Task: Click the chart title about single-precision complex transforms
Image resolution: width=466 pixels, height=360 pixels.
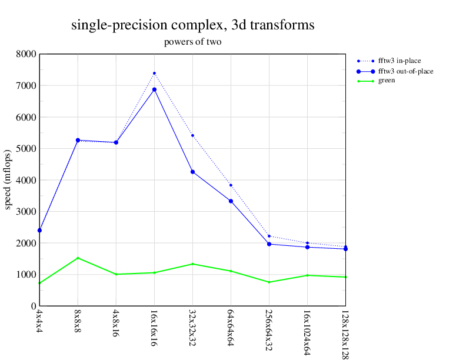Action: (x=192, y=25)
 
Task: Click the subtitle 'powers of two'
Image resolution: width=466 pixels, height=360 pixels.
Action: (x=192, y=42)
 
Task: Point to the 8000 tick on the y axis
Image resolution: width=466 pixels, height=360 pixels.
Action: (x=27, y=54)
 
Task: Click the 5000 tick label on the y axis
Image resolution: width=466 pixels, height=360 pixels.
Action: (x=27, y=149)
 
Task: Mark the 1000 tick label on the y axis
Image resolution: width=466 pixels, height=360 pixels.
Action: (x=27, y=275)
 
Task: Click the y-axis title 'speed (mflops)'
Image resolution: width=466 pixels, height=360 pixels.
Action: (x=8, y=179)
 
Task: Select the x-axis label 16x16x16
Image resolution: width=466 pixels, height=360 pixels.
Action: (x=154, y=324)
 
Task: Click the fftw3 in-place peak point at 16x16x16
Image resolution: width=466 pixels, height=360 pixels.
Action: (x=154, y=74)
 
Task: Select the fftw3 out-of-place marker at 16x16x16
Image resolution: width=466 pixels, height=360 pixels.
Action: (x=154, y=89)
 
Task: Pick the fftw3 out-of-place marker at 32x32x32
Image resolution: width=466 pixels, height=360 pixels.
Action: (x=192, y=172)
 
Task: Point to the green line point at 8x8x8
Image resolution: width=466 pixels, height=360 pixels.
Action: (x=78, y=258)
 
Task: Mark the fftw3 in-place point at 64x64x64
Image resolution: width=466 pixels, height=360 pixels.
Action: (x=231, y=185)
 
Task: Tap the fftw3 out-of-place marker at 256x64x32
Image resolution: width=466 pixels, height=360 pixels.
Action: (x=269, y=244)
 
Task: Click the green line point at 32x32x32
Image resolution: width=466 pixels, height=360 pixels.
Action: (x=192, y=264)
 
